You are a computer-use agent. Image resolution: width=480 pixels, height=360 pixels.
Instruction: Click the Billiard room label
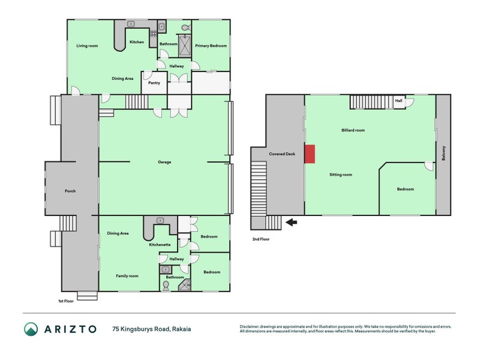352,130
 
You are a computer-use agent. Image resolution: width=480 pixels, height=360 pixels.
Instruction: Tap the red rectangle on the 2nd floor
310,154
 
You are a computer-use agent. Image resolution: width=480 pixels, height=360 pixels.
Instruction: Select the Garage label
164,162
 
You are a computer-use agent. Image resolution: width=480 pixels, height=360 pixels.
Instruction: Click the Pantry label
154,83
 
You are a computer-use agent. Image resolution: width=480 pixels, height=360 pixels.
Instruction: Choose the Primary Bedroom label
211,46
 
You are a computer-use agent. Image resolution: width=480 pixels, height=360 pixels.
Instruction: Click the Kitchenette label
161,245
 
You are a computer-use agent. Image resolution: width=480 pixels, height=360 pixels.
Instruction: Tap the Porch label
70,191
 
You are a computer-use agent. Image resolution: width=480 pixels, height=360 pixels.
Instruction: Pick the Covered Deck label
282,154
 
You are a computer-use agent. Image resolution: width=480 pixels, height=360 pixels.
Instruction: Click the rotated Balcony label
443,154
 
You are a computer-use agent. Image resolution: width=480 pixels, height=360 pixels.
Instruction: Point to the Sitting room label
340,175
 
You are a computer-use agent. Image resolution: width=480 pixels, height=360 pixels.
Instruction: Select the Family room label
127,275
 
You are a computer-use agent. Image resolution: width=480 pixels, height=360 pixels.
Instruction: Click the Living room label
87,46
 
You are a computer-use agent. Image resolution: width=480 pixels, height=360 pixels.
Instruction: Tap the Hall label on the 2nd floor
398,101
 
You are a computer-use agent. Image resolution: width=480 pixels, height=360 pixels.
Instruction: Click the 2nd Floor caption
262,239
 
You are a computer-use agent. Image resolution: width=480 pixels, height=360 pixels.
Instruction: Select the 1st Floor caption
65,301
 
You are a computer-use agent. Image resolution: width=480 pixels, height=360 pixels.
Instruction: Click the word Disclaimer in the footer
252,326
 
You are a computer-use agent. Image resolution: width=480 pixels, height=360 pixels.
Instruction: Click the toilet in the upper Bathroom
185,28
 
